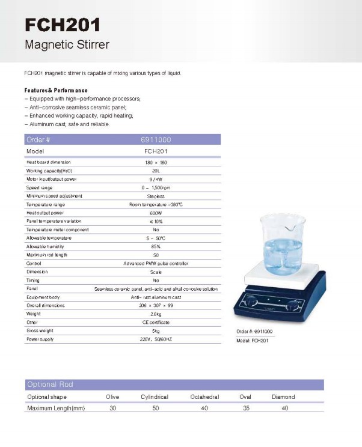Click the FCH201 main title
click(x=63, y=25)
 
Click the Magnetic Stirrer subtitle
click(x=67, y=45)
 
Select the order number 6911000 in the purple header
click(x=156, y=140)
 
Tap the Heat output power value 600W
click(x=156, y=213)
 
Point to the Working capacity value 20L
click(x=156, y=171)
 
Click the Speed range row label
click(x=40, y=187)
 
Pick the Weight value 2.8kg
click(x=156, y=314)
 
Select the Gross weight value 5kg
click(x=156, y=330)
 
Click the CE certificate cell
click(x=156, y=322)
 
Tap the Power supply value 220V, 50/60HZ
click(x=156, y=339)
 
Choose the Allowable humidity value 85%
click(x=156, y=246)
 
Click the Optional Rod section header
click(x=50, y=385)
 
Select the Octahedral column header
click(x=204, y=397)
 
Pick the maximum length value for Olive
click(x=112, y=409)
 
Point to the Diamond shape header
click(x=284, y=397)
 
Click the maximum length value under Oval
click(x=245, y=409)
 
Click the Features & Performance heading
click(x=56, y=90)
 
